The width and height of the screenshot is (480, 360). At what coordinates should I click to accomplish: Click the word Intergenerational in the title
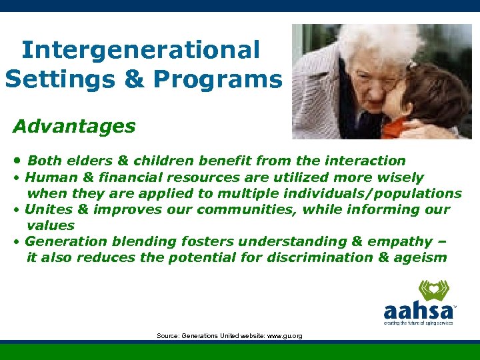140,49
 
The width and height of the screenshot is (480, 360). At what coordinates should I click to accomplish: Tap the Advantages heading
74,125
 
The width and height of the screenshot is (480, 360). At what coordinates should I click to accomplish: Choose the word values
50,225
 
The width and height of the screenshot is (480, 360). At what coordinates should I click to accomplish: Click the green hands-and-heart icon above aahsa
434,290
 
